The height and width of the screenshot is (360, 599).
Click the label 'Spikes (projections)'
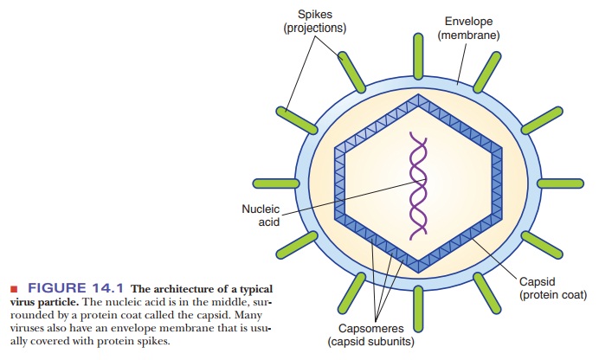click(x=314, y=22)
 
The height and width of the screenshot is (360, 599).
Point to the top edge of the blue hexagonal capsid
click(x=417, y=93)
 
